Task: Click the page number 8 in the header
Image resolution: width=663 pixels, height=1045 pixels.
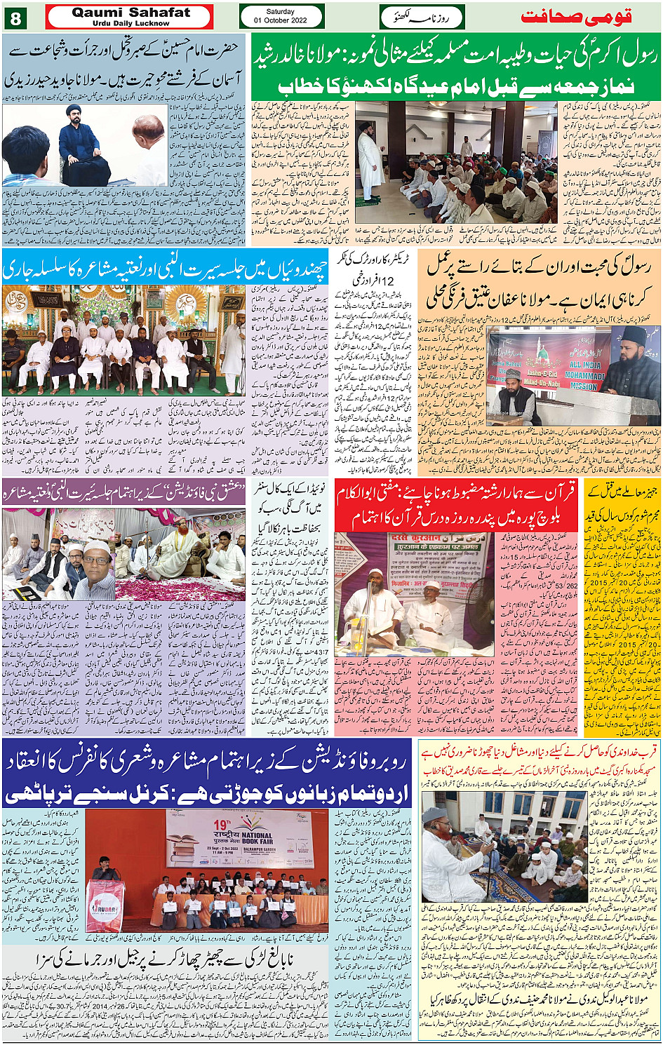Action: tap(15, 18)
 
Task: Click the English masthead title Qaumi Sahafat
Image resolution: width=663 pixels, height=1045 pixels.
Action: tap(130, 12)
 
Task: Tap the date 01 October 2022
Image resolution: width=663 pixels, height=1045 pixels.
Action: tap(281, 21)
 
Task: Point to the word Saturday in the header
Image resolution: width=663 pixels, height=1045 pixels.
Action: tap(281, 12)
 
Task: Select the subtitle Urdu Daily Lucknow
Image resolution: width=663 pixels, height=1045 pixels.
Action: tap(130, 23)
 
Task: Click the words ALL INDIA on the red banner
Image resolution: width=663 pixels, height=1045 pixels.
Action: tap(584, 365)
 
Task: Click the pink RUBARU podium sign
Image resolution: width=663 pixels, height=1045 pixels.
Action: tap(105, 905)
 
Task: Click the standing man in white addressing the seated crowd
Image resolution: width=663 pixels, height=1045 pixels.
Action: tap(370, 163)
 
